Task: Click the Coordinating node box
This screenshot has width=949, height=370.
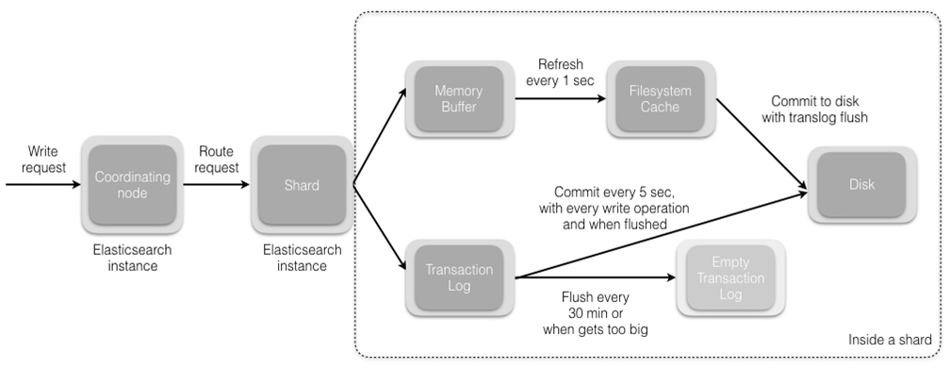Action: point(133,184)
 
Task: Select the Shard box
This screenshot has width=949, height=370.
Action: point(302,185)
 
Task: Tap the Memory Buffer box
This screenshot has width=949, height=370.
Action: point(458,99)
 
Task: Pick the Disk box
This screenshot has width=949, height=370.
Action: point(861,185)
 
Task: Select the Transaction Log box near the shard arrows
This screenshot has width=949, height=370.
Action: point(458,277)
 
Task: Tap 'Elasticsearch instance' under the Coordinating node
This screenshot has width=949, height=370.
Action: point(132,260)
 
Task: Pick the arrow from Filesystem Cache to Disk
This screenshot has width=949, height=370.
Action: point(754,143)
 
